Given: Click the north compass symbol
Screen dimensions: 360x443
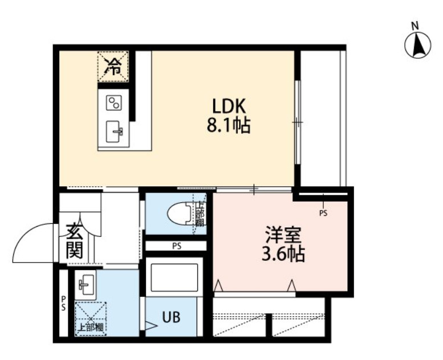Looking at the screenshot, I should pos(417,46).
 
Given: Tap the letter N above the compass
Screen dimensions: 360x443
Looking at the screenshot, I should pos(416,25).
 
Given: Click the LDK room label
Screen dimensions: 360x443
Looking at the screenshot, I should pos(229,106).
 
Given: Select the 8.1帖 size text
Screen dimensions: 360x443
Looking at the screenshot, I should pos(228,125).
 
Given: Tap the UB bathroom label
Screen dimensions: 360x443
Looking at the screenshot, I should pos(172,317).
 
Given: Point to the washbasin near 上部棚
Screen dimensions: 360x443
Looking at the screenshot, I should pos(86,284).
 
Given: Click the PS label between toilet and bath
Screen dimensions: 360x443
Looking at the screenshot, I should pos(177,247).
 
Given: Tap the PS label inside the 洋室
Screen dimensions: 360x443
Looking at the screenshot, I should pos(323,214).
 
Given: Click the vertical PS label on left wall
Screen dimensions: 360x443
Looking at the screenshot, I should pos(63,303).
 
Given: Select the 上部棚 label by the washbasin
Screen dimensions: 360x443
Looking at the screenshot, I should pos(91,328).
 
